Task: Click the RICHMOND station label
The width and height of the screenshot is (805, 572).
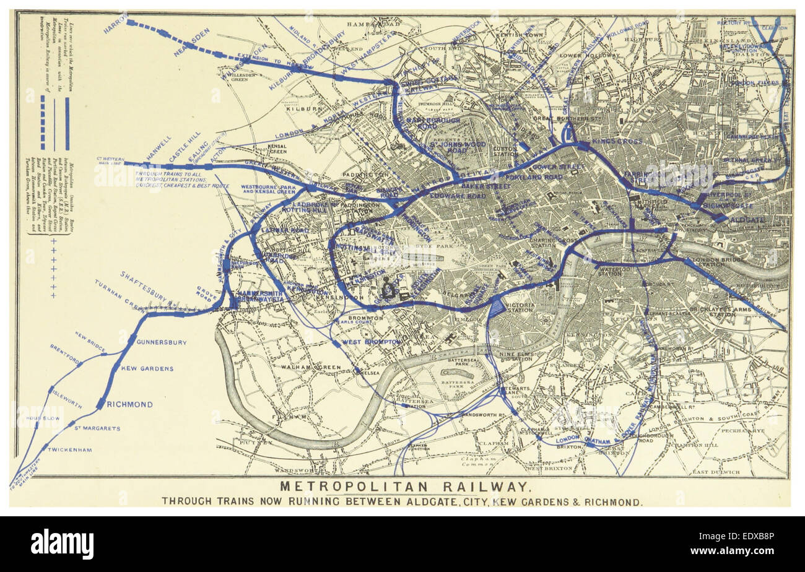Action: [129, 405]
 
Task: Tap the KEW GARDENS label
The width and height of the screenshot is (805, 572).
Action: [147, 369]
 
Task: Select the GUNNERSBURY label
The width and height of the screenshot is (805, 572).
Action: [162, 342]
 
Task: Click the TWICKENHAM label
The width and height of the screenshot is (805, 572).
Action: [69, 450]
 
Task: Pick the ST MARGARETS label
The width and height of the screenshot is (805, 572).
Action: [97, 428]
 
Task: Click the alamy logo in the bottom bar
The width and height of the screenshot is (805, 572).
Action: [62, 544]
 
